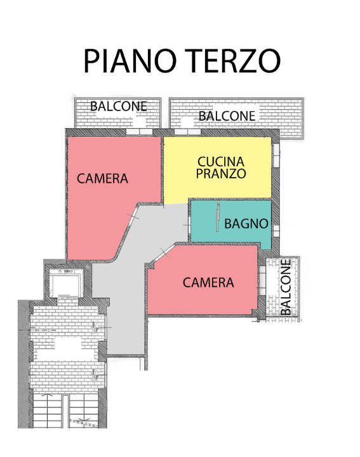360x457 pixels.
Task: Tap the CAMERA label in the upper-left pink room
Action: tap(102, 179)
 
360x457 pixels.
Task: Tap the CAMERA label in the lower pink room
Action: tap(208, 282)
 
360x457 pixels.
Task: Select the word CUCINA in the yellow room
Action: tap(220, 162)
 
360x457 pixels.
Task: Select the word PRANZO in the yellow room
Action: tap(220, 174)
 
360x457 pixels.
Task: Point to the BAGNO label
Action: tap(246, 224)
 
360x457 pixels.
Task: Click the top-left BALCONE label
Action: tap(118, 107)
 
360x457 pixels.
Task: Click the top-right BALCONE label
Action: tap(227, 116)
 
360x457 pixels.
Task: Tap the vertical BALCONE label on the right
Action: tap(286, 288)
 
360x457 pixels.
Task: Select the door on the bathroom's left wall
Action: tap(189, 224)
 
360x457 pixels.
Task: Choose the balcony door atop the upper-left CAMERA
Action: tap(136, 133)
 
